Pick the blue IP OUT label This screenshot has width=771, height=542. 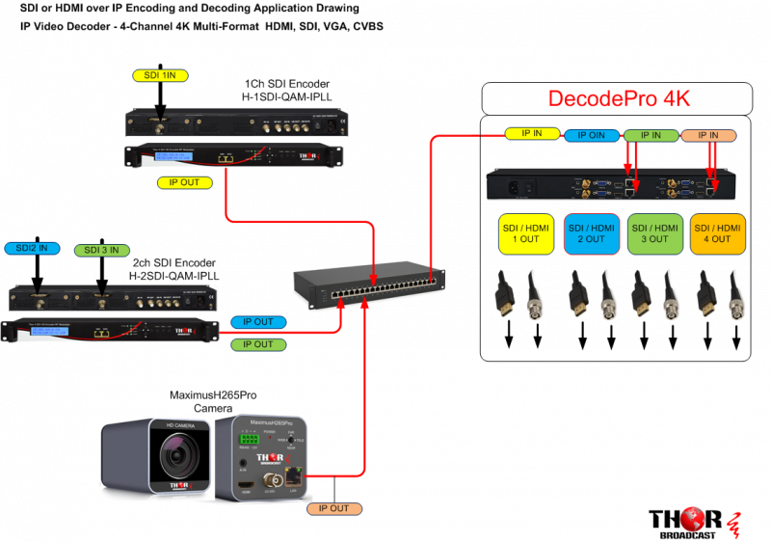(x=257, y=321)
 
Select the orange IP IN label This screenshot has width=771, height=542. (x=713, y=136)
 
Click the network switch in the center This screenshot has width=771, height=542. (x=372, y=280)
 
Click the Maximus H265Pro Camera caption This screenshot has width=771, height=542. (x=213, y=401)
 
